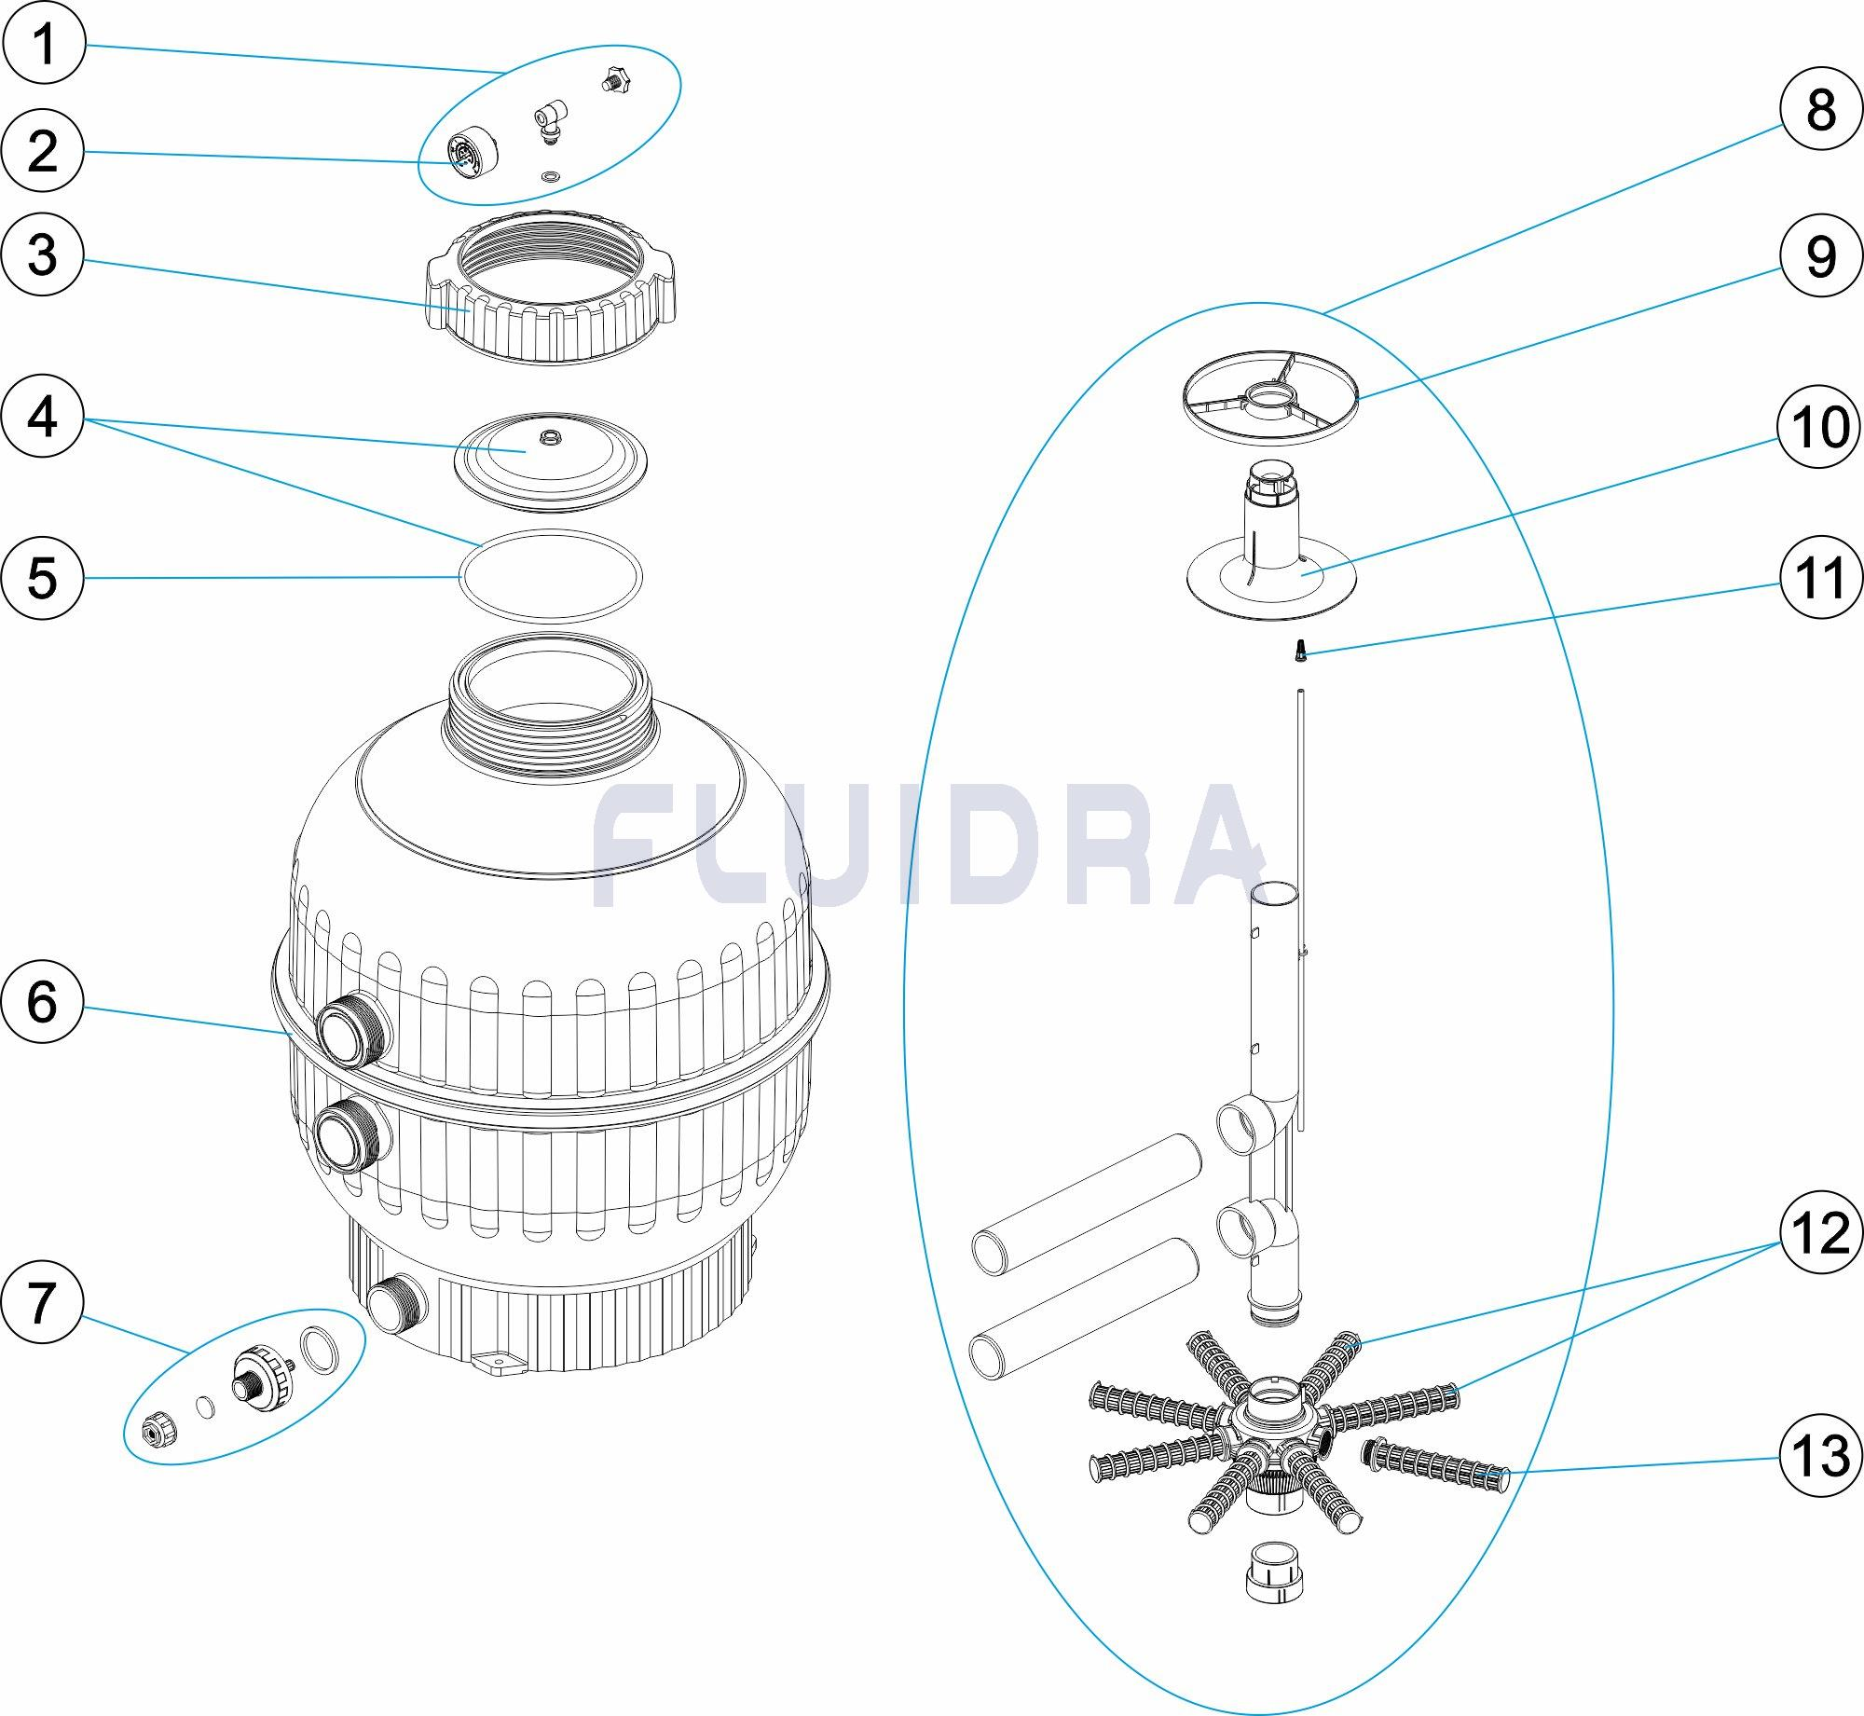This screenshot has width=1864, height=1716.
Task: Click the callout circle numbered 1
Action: [44, 44]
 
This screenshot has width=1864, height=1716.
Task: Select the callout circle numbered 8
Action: [1820, 109]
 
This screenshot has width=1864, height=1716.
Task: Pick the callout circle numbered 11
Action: [1820, 578]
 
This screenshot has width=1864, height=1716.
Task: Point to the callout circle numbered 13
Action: [1820, 1455]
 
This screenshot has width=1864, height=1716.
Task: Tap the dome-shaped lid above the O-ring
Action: [550, 460]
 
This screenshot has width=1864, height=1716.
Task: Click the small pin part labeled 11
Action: [1301, 650]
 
